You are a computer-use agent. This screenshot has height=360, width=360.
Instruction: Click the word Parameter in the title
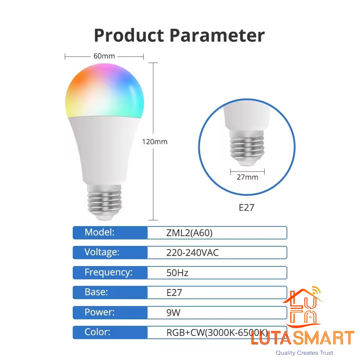pos(217,35)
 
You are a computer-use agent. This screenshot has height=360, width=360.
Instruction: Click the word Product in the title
pos(129,35)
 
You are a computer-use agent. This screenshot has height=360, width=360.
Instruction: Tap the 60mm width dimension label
pos(104,56)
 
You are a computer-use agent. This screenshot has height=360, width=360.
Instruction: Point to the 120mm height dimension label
pos(154,141)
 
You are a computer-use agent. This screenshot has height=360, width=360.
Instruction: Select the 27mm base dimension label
pos(247,177)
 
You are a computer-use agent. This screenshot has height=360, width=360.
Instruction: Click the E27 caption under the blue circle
pos(246,208)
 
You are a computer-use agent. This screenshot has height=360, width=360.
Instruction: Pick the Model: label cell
pos(110,233)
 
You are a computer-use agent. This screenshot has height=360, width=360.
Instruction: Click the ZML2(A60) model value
pos(189,233)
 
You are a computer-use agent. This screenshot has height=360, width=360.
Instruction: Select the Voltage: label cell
pos(110,252)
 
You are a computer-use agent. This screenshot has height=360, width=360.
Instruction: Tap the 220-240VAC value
pos(192,253)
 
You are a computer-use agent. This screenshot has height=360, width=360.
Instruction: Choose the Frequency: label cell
pos(110,273)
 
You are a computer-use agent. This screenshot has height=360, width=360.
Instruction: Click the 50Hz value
pos(177,273)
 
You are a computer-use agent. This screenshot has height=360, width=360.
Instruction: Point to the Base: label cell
pos(110,292)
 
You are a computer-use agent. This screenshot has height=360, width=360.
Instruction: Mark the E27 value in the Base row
pos(174,293)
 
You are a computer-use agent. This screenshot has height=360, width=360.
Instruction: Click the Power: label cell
pos(110,312)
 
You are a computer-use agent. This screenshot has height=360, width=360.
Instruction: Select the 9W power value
pos(174,313)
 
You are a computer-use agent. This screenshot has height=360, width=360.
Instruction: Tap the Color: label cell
pos(110,332)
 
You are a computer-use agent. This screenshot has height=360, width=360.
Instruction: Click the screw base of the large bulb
pos(104,202)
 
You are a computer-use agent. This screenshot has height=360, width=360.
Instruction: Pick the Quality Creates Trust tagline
pos(304,353)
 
